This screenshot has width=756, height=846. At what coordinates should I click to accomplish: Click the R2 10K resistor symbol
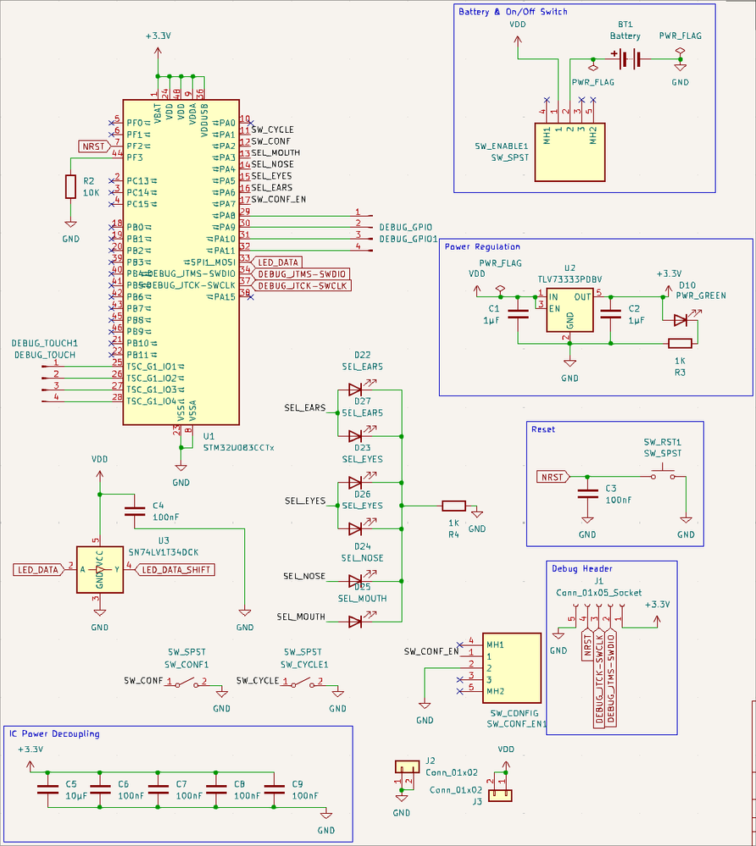coord(70,186)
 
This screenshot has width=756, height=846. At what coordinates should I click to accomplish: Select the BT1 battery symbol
coord(627,58)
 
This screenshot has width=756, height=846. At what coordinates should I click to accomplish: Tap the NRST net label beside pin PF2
coord(93,146)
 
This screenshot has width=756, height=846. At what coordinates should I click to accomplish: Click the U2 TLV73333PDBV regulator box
coord(570,308)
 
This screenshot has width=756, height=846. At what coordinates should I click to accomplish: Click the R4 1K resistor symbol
coord(453,506)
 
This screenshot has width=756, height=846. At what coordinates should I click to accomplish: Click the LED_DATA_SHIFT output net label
coord(176,570)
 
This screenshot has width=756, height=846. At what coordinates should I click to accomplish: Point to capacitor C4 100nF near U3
coord(134,511)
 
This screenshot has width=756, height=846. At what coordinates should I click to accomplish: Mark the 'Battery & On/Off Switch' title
coord(513,12)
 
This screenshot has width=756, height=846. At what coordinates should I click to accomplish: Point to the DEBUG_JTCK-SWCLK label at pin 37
coord(303,286)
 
